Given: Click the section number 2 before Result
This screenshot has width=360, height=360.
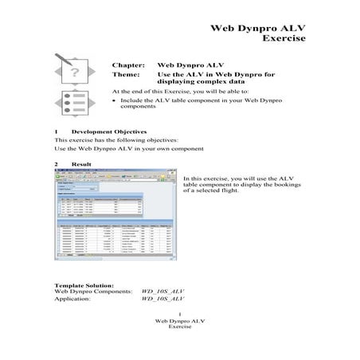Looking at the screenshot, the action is [x=56, y=163].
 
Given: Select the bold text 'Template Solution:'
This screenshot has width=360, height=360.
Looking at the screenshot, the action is [x=84, y=285].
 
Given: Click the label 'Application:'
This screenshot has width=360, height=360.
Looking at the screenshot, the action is [x=73, y=299].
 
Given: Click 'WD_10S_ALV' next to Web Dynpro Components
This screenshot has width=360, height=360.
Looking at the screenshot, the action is [x=162, y=292].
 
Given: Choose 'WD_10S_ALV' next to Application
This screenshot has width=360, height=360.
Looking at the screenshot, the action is [x=162, y=299].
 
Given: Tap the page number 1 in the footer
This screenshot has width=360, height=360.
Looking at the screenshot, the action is [x=180, y=315].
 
